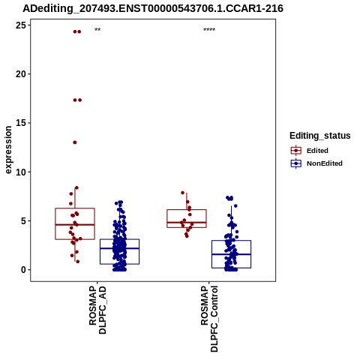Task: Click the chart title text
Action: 153,8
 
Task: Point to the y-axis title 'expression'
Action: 8,150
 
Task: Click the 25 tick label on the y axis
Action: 21,25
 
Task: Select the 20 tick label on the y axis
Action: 21,74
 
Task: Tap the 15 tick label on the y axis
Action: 21,123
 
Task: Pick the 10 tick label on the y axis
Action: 21,172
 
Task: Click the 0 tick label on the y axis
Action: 23,270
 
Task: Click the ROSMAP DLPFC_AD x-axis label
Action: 97,310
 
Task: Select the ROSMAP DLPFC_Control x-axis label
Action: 209,319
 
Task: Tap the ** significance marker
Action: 97,30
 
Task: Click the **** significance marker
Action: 209,30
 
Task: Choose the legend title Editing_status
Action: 320,136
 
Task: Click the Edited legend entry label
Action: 317,151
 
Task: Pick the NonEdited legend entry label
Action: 325,163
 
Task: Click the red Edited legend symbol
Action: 296,151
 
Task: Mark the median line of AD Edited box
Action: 75,225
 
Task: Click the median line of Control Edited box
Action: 187,222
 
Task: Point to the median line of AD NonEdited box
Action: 119,248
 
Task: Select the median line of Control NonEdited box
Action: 231,254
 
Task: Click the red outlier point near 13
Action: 75,142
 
